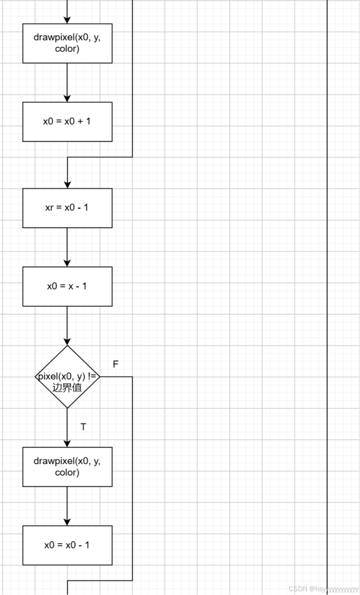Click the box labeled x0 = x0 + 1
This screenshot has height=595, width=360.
pos(67,122)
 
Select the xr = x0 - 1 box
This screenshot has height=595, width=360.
pos(67,208)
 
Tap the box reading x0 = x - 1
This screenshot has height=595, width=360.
pos(67,286)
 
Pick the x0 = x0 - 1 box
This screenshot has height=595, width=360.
pos(67,545)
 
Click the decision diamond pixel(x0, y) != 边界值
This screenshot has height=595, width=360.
pos(67,377)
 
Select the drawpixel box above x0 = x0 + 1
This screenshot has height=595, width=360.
pos(67,43)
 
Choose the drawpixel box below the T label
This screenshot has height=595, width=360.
pos(67,467)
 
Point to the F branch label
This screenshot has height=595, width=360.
pos(115,364)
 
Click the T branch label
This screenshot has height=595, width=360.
pos(83,427)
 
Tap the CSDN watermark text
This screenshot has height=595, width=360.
pos(323,589)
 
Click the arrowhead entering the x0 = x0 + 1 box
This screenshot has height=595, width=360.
pos(67,98)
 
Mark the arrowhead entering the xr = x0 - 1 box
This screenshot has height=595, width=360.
pos(67,185)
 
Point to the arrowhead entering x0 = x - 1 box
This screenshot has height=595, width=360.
pos(67,263)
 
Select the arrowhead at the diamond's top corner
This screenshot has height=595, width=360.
pos(67,342)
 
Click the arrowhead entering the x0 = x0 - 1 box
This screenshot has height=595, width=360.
pos(67,522)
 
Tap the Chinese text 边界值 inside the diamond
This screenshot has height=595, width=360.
pos(67,388)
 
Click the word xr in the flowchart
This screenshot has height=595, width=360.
pos(49,208)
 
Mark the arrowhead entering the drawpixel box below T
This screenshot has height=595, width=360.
pos(67,443)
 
